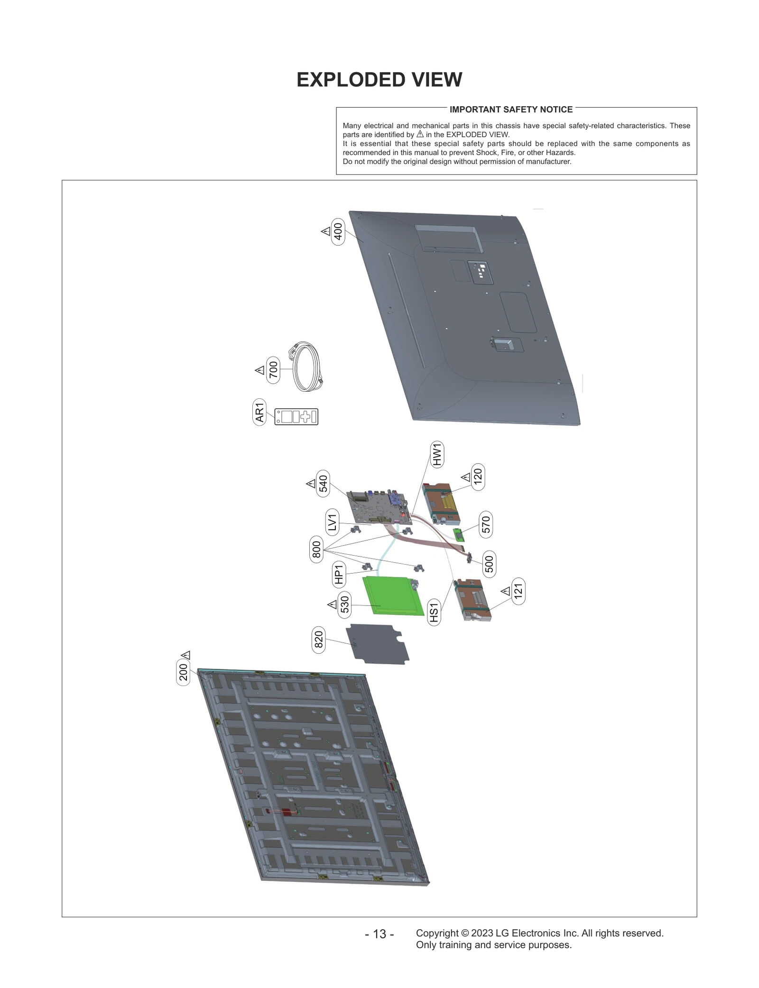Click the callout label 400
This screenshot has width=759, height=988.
tap(338, 233)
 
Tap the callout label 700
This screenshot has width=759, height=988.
tap(273, 370)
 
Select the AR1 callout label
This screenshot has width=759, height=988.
tap(259, 412)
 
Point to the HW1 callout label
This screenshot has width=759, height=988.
tap(437, 454)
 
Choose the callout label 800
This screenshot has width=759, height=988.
tap(316, 549)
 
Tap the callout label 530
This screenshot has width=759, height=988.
tap(345, 604)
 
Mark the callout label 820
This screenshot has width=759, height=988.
tap(319, 639)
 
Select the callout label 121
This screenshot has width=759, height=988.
tap(518, 591)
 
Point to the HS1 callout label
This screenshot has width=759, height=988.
tap(434, 612)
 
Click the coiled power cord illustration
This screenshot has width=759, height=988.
tap(305, 366)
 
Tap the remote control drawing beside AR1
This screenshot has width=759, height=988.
tap(296, 417)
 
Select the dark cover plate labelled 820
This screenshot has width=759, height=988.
tap(378, 644)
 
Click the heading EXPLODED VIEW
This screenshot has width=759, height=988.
tap(379, 80)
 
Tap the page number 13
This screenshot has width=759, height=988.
tap(379, 934)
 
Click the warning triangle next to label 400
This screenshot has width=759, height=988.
tap(326, 231)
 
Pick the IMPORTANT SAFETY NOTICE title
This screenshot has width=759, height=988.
tap(511, 110)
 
